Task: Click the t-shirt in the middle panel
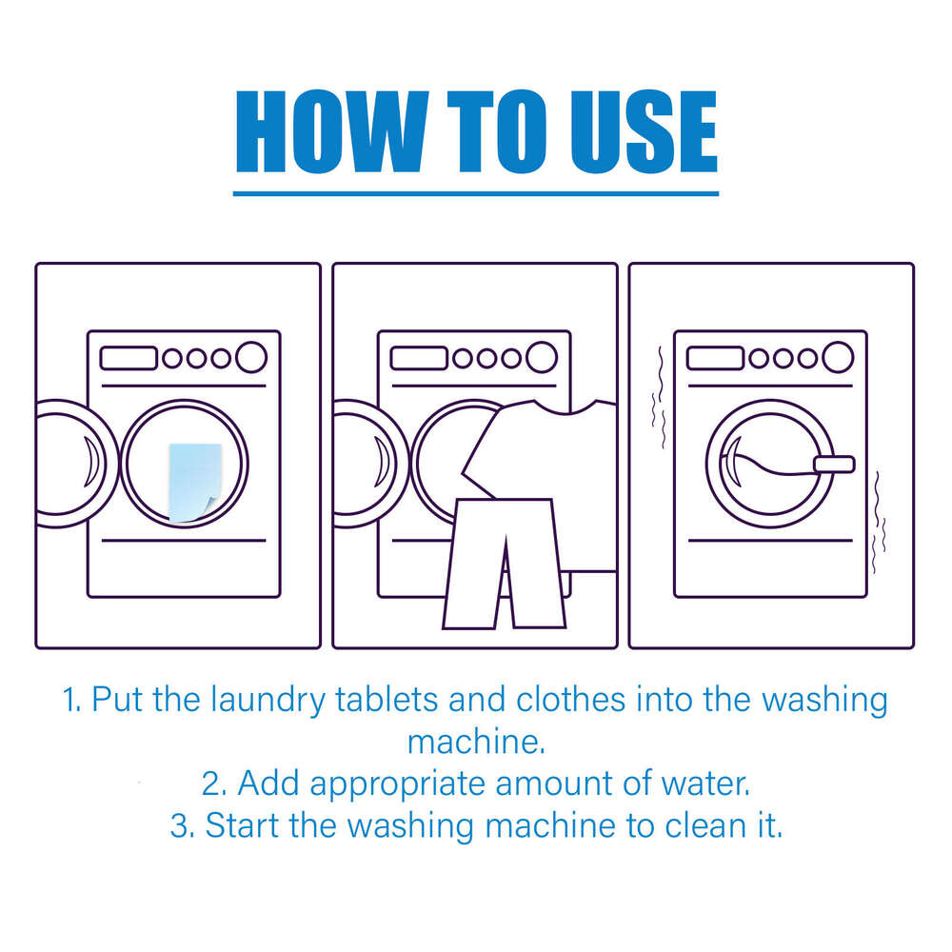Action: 543,447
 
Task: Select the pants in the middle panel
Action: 504,562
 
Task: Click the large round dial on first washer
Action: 251,357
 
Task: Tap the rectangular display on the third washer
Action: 715,358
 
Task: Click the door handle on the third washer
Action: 834,464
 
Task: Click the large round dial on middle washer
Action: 542,357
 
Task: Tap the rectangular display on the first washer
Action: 129,358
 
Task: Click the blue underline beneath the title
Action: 475,193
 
